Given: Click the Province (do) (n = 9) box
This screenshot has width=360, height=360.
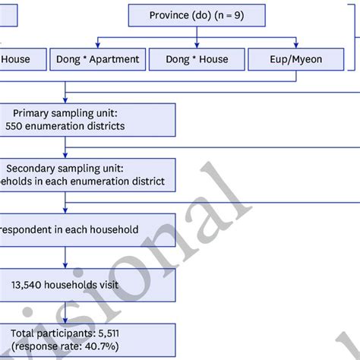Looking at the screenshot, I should (x=197, y=14).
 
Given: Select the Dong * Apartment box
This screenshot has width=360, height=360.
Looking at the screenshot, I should (x=97, y=58).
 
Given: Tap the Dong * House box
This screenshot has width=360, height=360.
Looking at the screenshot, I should (x=197, y=58).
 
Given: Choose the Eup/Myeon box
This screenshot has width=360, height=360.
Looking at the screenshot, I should (x=295, y=58).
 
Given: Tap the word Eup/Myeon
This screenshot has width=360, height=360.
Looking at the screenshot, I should (x=295, y=58).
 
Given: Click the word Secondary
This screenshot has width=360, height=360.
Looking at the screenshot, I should (x=32, y=168).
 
